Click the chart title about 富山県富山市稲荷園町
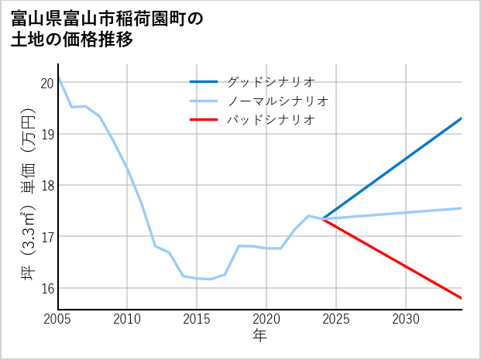coord(108,29)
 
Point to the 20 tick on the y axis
coord(46,83)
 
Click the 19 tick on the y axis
coord(46,134)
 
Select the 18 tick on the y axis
coord(46,186)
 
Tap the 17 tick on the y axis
coord(46,237)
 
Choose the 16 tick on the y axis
coord(46,288)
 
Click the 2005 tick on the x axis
coord(58,319)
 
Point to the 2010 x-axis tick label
coord(128,319)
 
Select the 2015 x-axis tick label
coord(197,319)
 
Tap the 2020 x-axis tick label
coord(266,319)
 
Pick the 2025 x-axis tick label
coord(336,319)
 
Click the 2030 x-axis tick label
coord(406,319)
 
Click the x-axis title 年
coord(259,335)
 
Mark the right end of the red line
coord(462,298)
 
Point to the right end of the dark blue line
coord(462,118)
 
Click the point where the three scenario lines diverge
coord(322,219)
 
